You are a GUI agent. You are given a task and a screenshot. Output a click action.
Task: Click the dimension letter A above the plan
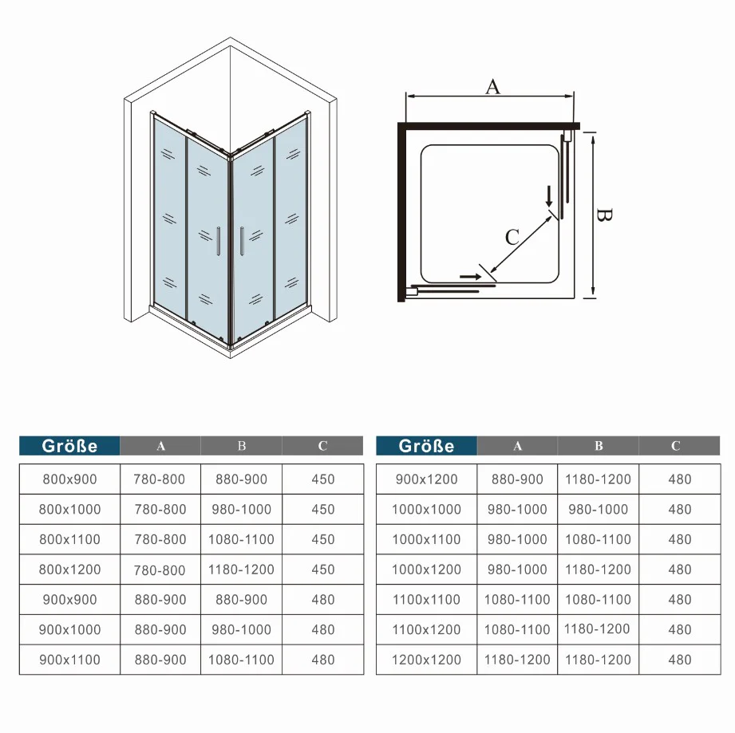pos(492,87)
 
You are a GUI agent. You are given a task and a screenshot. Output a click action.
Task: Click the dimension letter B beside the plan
pos(604,215)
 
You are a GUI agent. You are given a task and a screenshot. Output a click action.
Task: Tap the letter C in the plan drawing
pos(512,237)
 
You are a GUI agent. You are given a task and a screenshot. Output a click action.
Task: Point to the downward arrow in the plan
pos(549,196)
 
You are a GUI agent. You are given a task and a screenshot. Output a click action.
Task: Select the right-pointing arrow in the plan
pos(471,277)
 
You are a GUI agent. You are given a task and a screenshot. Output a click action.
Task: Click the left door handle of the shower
pos(219,241)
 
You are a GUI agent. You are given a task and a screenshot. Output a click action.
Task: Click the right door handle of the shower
pos(242,241)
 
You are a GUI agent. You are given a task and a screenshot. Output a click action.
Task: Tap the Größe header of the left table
pos(69,446)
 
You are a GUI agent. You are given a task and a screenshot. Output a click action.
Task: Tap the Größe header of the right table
pos(426,446)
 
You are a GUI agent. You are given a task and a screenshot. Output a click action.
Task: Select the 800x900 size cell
pos(69,479)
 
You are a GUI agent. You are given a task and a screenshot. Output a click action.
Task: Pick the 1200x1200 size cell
pos(426,660)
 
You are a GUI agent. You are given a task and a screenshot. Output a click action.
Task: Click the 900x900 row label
pos(69,600)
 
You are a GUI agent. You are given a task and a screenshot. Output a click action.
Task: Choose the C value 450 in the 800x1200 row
pos(323,569)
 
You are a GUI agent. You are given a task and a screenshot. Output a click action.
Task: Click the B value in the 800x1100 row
pos(241,539)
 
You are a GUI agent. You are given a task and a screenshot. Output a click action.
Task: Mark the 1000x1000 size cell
pos(426,509)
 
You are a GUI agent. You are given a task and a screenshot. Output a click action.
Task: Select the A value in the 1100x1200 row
pos(517,629)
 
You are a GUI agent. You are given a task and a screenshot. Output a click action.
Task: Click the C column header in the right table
pos(675,446)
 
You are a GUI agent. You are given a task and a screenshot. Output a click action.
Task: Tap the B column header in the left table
pos(241,446)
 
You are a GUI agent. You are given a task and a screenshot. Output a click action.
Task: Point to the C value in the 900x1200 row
pos(680,479)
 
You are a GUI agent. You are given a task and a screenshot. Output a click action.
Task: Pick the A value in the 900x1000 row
pos(160,629)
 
